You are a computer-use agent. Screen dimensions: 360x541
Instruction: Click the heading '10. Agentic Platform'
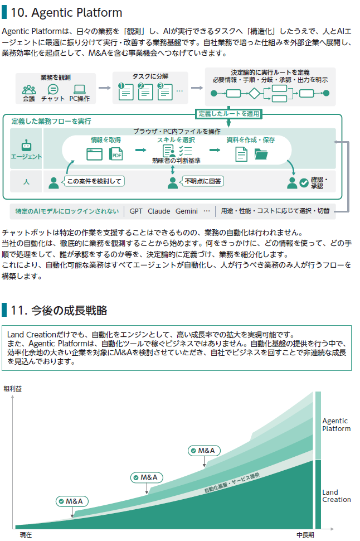click(66, 13)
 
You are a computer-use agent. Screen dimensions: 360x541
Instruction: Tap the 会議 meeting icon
click(29, 90)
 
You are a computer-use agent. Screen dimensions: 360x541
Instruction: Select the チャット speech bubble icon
click(53, 90)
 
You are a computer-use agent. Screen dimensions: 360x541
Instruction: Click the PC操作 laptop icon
click(80, 90)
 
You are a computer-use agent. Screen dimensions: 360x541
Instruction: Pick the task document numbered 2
click(145, 91)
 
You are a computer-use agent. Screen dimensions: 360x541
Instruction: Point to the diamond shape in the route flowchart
click(254, 93)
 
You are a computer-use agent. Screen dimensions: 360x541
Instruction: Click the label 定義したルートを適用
click(228, 114)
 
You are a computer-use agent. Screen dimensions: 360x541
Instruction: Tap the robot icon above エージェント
click(26, 145)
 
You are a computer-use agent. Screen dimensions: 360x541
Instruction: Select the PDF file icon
click(116, 154)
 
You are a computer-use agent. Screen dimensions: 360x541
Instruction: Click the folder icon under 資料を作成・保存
click(261, 154)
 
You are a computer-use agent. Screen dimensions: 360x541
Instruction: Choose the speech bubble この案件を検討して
click(93, 181)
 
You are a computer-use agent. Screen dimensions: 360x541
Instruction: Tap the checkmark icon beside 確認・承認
click(304, 183)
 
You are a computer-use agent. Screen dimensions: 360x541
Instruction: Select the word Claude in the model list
click(159, 211)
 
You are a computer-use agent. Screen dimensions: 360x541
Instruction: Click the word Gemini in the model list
click(187, 211)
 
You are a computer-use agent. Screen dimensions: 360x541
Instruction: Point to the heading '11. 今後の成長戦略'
click(59, 310)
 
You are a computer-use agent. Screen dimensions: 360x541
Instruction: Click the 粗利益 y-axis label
click(12, 389)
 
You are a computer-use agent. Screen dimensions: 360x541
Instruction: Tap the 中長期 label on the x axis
click(305, 535)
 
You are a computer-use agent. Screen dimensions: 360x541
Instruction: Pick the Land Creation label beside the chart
click(337, 496)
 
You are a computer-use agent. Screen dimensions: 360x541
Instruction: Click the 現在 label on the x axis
click(26, 535)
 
